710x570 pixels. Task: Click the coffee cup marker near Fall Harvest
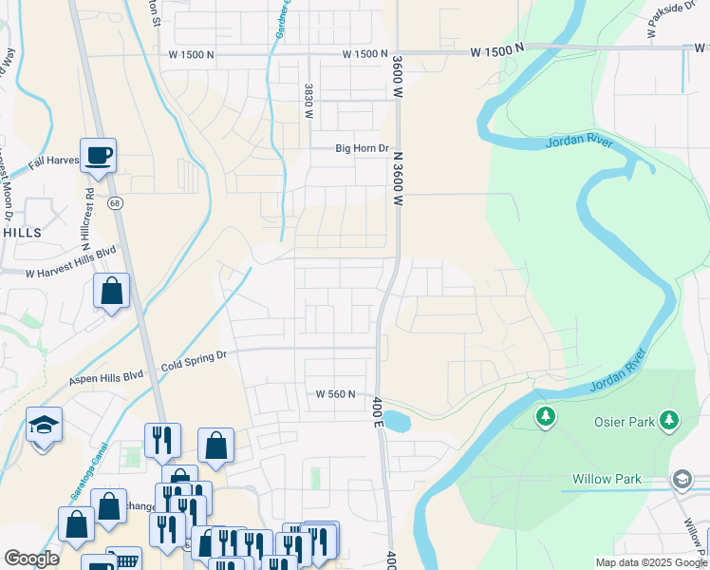point(98,156)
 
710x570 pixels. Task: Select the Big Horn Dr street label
point(364,148)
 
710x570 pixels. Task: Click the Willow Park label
point(607,480)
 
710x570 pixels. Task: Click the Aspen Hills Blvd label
point(106,378)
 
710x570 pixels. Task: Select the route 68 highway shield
point(115,203)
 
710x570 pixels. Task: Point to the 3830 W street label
point(309,101)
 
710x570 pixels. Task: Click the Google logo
point(31,559)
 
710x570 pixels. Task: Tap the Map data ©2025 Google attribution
point(651,562)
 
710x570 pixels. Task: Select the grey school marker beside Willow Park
point(682,481)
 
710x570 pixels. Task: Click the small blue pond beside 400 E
point(398,422)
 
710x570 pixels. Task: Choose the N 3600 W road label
point(399,180)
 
